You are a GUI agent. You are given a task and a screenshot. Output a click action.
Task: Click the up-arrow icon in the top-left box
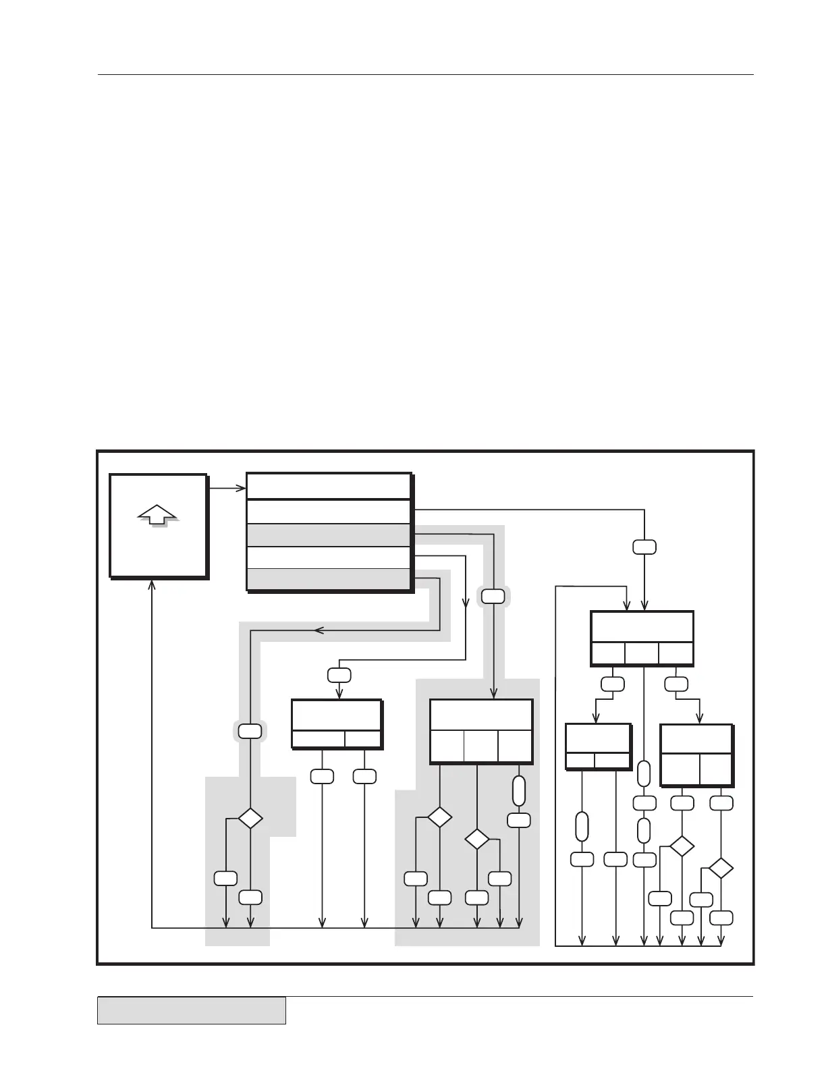tap(157, 515)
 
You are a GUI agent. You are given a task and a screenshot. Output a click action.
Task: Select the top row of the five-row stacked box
tap(329, 486)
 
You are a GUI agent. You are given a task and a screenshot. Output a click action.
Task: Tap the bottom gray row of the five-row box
tap(329, 579)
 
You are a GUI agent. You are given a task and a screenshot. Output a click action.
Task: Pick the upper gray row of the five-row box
tap(329, 534)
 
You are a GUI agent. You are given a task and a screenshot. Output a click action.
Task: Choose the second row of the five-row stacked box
tap(329, 511)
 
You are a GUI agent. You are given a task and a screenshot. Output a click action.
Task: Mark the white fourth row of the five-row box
tap(329, 557)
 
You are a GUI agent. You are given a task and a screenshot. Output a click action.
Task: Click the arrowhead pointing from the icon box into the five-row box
tap(241, 487)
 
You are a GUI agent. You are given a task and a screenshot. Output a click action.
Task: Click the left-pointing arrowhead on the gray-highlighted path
tap(319, 630)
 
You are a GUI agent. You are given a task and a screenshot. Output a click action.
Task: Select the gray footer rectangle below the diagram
tap(191, 1010)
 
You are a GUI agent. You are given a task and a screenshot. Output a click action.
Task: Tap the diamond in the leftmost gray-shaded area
tap(250, 818)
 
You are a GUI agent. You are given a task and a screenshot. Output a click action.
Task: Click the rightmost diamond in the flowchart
tap(721, 868)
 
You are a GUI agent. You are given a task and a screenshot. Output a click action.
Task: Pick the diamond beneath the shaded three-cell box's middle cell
tap(477, 839)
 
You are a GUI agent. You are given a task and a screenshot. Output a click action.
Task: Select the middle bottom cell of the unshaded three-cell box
tap(641, 653)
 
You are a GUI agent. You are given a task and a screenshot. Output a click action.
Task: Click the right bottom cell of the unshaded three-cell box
tap(676, 653)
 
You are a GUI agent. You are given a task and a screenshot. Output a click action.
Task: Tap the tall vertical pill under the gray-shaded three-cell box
tap(518, 791)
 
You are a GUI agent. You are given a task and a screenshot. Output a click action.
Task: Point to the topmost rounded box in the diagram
tap(644, 547)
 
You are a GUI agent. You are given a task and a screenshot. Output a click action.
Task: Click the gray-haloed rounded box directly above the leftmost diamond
tap(250, 731)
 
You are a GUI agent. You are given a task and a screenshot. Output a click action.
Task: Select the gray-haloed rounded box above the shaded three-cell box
tap(493, 596)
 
